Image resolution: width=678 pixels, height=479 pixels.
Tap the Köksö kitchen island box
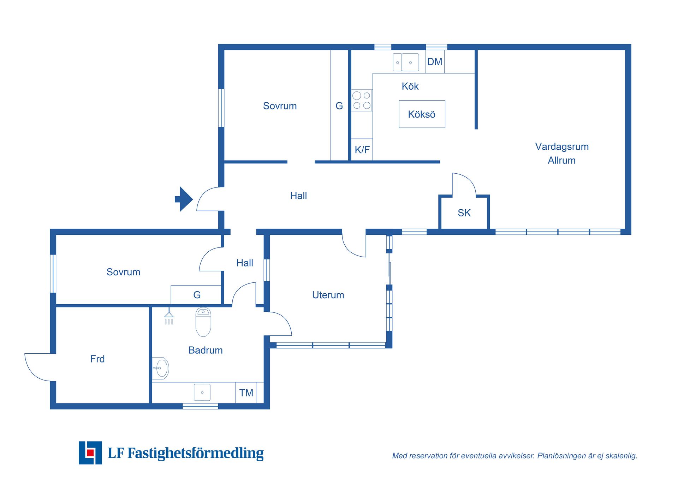pos(422,114)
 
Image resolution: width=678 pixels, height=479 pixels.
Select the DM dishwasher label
pos(434,62)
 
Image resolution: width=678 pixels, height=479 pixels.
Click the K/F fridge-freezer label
pos(362,150)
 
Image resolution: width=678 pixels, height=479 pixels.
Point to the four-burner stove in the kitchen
pos(362,100)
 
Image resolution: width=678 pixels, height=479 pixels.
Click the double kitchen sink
pos(406,62)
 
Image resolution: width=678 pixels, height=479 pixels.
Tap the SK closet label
pos(464,213)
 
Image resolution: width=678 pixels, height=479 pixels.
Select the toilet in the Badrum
pos(203,322)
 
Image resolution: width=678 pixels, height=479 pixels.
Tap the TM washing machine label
pos(246,393)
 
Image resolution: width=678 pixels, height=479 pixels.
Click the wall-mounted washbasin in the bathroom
pos(161,368)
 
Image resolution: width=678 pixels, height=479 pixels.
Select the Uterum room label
pos(328,295)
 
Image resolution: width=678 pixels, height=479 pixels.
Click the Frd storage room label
pos(97,359)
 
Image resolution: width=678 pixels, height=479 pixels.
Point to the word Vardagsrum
pos(561,146)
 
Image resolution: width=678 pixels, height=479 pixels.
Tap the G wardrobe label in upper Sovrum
pos(339,106)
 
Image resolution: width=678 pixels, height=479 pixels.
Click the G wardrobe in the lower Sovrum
pos(196,295)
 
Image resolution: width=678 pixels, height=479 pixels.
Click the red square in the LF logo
pos(90,453)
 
